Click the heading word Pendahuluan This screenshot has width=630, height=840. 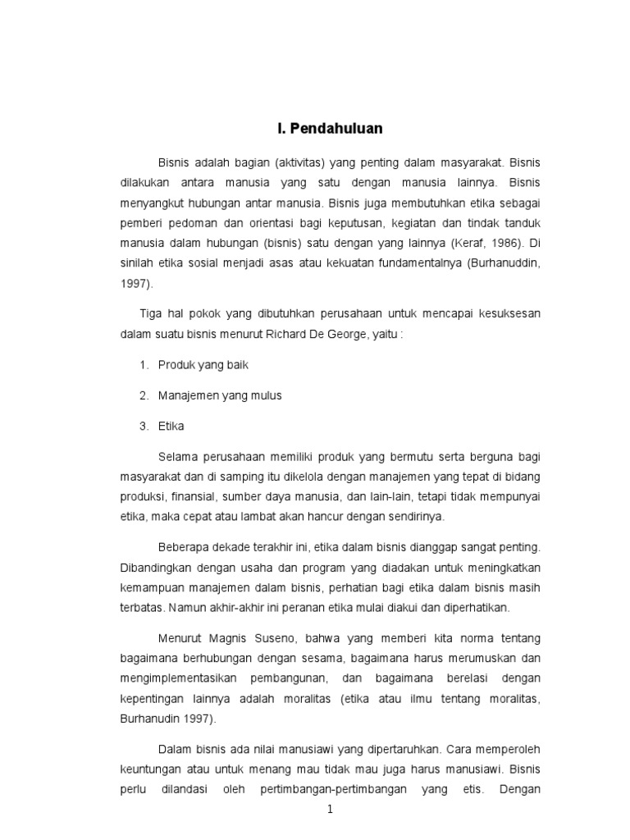click(336, 129)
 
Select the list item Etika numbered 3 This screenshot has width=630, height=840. click(171, 426)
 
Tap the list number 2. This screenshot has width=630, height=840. click(143, 395)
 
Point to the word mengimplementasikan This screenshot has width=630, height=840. click(180, 678)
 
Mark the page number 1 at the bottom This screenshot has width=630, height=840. click(330, 810)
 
